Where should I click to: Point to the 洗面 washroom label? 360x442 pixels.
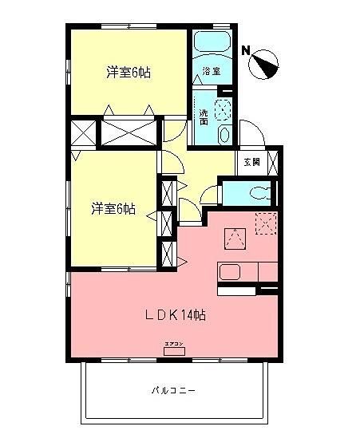coord(204,116)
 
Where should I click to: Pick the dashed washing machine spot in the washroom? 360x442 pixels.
coord(224,109)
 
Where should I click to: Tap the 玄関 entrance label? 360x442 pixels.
coord(251,161)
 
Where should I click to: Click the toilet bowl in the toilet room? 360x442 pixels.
coord(257,193)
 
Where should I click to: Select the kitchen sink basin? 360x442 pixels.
coord(229,272)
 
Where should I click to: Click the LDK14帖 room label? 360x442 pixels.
coord(176,315)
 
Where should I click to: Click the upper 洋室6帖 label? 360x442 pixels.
coord(129,73)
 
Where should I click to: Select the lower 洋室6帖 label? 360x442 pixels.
coord(113,209)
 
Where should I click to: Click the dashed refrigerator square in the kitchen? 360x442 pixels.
coord(266,223)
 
